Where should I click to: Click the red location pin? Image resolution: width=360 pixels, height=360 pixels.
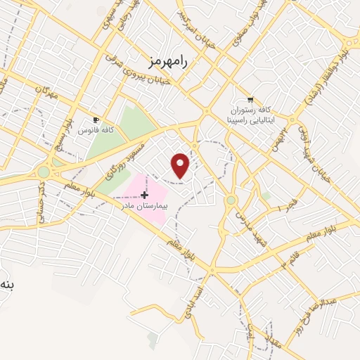(181, 165)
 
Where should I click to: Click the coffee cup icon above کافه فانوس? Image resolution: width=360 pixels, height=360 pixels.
(98, 120)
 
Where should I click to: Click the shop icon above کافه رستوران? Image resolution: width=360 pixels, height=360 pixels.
(250, 100)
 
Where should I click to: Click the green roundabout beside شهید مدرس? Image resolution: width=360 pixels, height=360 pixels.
(231, 200)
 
